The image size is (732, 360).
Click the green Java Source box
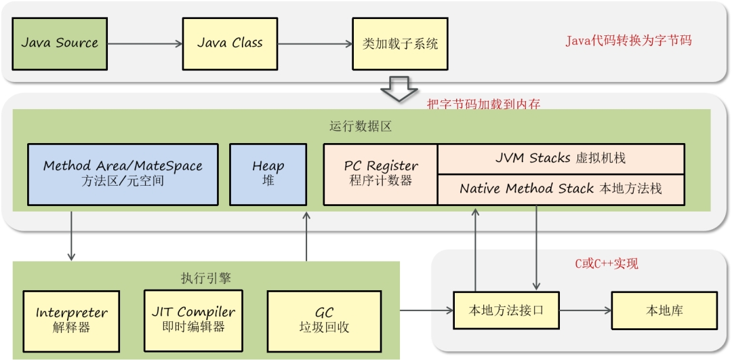[60, 43]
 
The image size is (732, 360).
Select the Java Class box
[230, 43]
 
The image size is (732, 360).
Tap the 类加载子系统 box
[400, 43]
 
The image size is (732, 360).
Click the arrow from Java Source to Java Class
[144, 44]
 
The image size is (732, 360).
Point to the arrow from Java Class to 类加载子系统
[314, 44]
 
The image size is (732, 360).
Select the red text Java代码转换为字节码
[628, 41]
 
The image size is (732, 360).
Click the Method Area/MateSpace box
[123, 174]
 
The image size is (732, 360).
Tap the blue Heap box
[268, 174]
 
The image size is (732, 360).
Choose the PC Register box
[380, 174]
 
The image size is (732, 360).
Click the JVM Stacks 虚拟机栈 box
[561, 158]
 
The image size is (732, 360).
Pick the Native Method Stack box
[561, 189]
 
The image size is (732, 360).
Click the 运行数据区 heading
[361, 127]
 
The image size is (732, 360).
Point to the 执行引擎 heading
[206, 279]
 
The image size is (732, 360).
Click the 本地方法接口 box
[506, 311]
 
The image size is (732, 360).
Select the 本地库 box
[664, 311]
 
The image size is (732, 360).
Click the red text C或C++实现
[606, 264]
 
